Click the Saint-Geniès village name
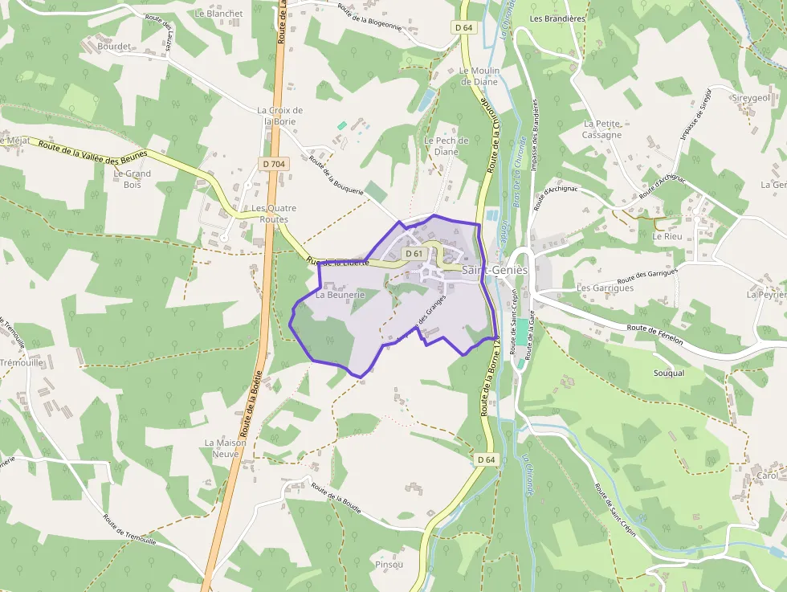(x=495, y=270)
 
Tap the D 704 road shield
(x=273, y=164)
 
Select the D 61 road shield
(x=414, y=254)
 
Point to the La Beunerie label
(x=340, y=295)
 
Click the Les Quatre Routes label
(x=274, y=213)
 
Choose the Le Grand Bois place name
(x=132, y=178)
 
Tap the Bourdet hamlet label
(x=113, y=47)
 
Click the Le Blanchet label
(x=218, y=14)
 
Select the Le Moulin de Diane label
(x=479, y=76)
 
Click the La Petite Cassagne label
(x=602, y=129)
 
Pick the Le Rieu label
(x=667, y=237)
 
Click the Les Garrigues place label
(x=606, y=288)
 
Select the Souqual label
(x=669, y=373)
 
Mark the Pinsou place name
(x=389, y=565)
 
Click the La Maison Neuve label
(x=225, y=447)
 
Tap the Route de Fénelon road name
(x=655, y=333)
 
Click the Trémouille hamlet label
(x=22, y=361)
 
